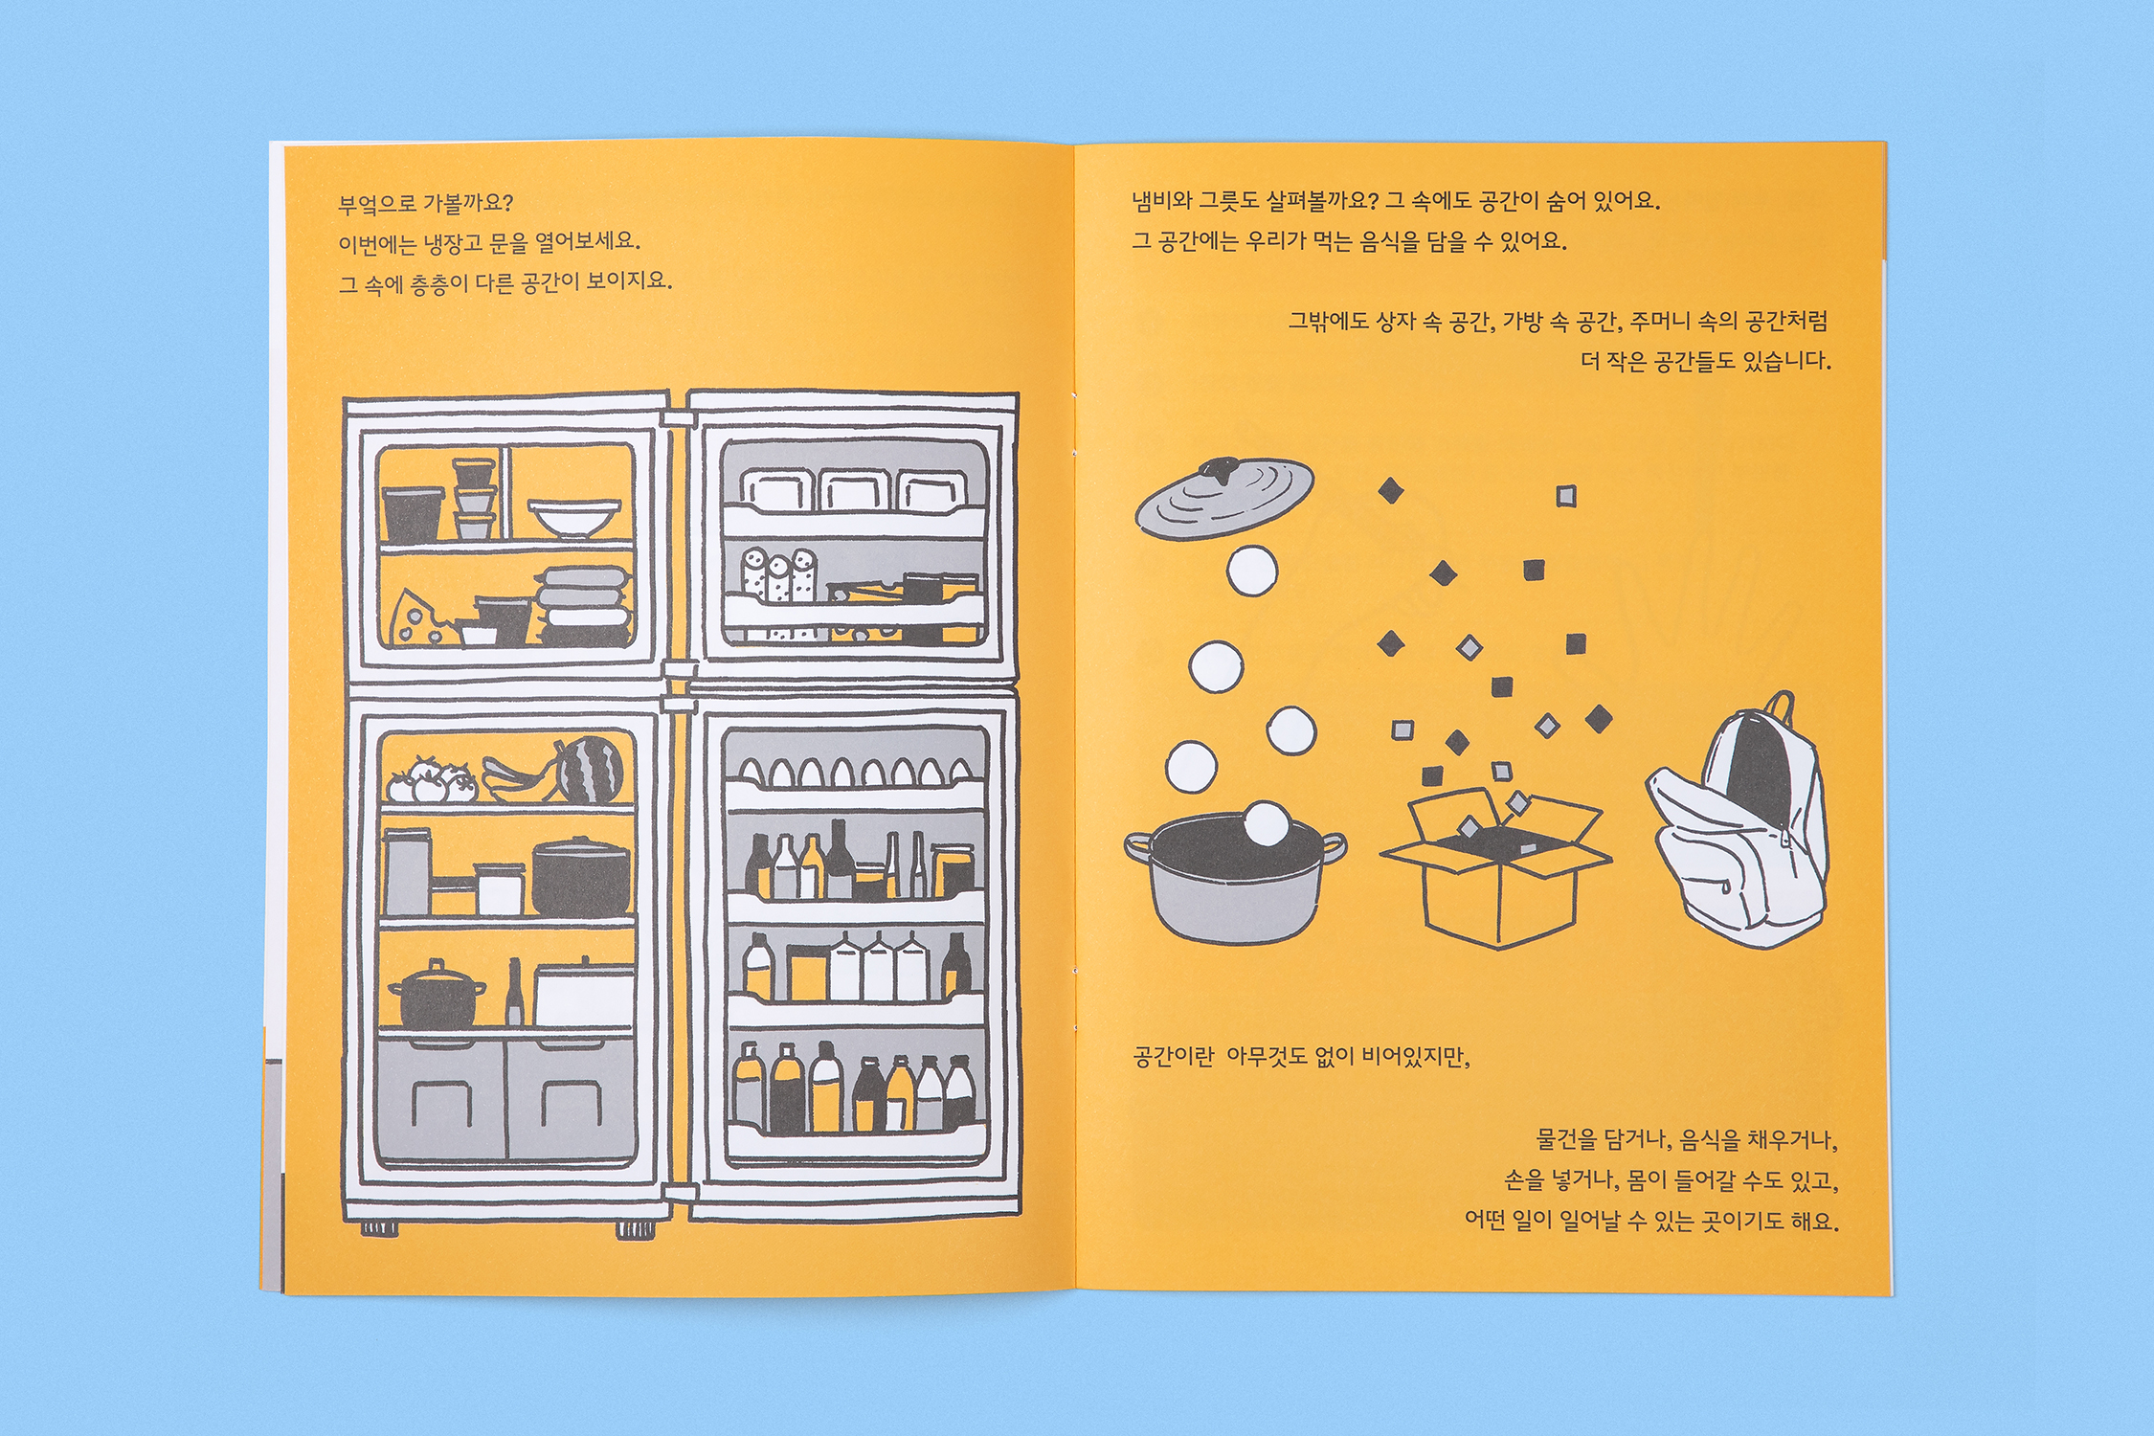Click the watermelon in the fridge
click(x=591, y=769)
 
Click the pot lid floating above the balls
click(x=1223, y=497)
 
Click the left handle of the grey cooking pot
click(x=1138, y=846)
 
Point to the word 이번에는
click(x=376, y=244)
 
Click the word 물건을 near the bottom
click(x=1567, y=1139)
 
